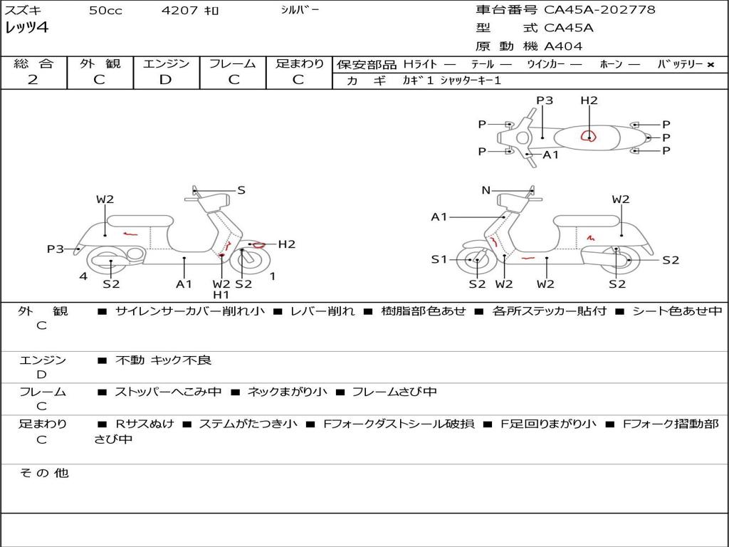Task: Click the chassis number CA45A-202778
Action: pyautogui.click(x=599, y=10)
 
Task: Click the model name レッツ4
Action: pyautogui.click(x=26, y=28)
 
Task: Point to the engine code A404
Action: pyautogui.click(x=563, y=46)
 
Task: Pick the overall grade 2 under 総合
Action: pyautogui.click(x=33, y=80)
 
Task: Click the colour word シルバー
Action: pyautogui.click(x=300, y=10)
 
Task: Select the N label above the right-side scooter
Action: pyautogui.click(x=486, y=190)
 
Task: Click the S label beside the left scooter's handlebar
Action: pyautogui.click(x=241, y=190)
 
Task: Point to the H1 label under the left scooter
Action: pyautogui.click(x=221, y=295)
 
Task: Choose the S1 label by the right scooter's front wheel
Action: pyautogui.click(x=439, y=260)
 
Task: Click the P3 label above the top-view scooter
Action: pyautogui.click(x=545, y=100)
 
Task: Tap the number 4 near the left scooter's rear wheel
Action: pyautogui.click(x=83, y=276)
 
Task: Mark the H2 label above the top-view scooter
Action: pyautogui.click(x=589, y=100)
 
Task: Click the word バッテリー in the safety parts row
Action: pyautogui.click(x=680, y=64)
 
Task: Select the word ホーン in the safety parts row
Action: pyautogui.click(x=611, y=64)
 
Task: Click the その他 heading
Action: pyautogui.click(x=44, y=473)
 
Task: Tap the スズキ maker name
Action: pyautogui.click(x=23, y=11)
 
